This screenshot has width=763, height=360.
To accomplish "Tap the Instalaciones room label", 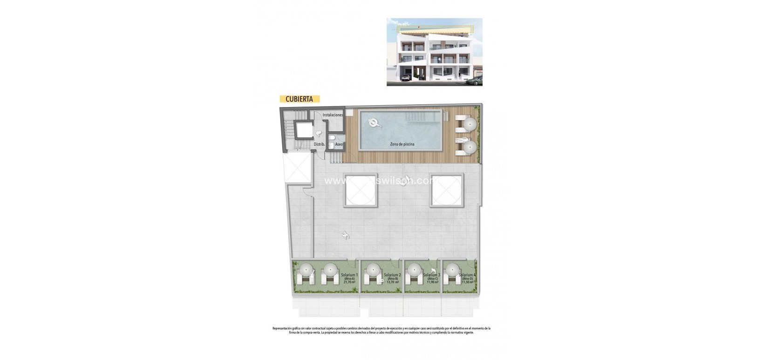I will pos(333,115).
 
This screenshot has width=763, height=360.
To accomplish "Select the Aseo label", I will pos(339,144).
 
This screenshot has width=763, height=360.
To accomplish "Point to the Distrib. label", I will pos(319,144).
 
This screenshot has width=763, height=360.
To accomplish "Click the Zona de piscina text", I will pos(402,144).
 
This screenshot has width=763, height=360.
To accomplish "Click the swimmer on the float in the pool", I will pos(374,123).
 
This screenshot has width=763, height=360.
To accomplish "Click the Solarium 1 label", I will pos(349,275).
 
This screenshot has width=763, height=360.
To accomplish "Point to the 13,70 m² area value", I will pos(392,282).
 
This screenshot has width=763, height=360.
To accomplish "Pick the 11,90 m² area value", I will pos(433,282).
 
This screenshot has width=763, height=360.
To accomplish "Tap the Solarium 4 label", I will pos(467,275).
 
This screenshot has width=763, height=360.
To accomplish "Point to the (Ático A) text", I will pos(349,278).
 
